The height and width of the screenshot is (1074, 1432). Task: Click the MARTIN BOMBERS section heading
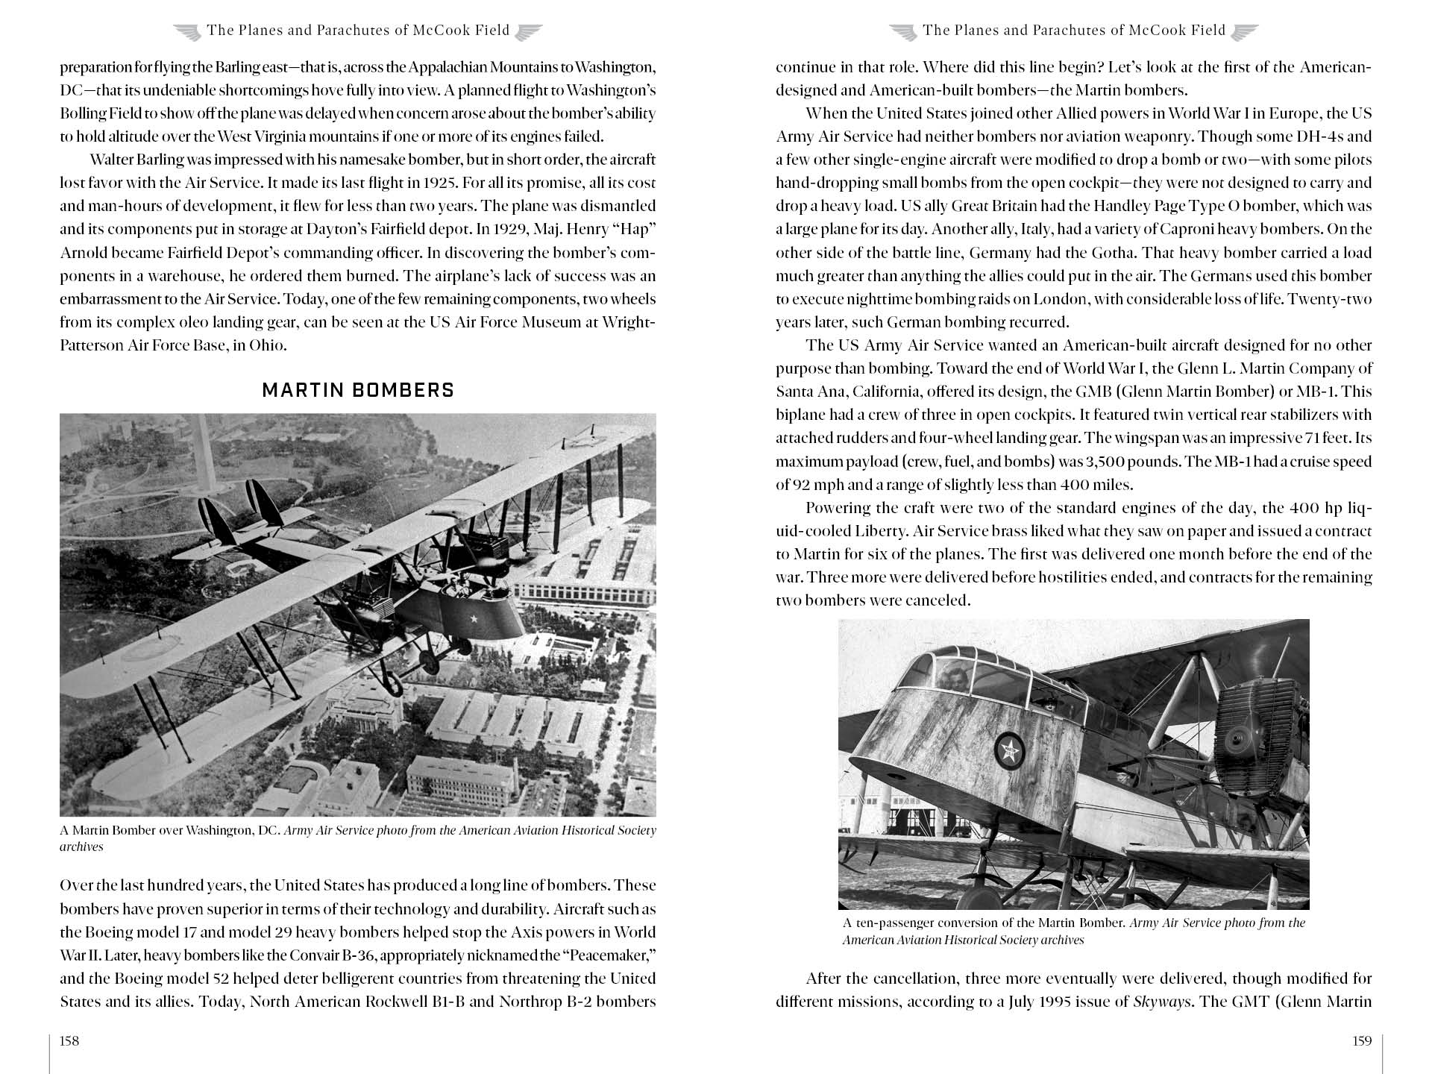(x=358, y=390)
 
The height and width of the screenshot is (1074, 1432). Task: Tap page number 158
(x=69, y=1041)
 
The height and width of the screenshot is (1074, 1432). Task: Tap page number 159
(x=1361, y=1041)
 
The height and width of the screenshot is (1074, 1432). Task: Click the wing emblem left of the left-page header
(x=187, y=31)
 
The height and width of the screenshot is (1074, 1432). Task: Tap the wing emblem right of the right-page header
(x=1244, y=31)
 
